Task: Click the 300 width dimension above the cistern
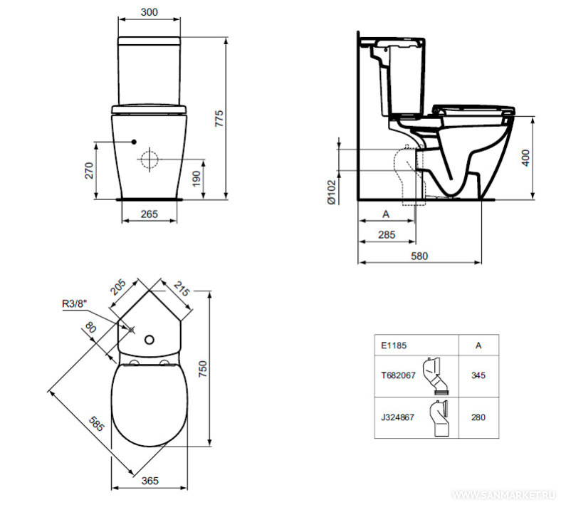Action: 150,12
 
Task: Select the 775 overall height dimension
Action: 219,118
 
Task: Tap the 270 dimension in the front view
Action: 89,170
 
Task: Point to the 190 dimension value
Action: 196,179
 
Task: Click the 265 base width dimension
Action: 150,214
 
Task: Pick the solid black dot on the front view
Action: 134,142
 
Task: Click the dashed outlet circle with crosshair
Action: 150,159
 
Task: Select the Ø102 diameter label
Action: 332,192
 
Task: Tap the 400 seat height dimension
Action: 525,158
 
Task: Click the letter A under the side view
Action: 386,214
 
